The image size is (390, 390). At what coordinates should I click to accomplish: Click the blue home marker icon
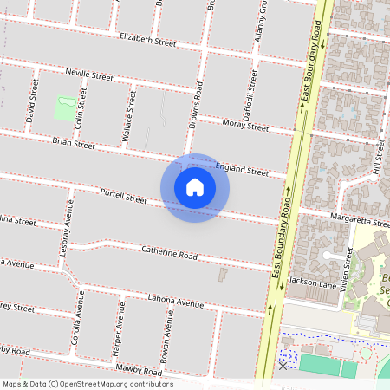(x=195, y=187)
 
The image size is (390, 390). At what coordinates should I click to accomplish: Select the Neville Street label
(x=89, y=75)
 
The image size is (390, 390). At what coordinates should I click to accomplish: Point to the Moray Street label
(x=245, y=126)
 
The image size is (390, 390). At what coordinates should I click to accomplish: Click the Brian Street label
(x=73, y=143)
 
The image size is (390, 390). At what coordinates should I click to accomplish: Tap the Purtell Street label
(x=124, y=197)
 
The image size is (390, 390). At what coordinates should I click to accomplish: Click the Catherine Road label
(x=170, y=255)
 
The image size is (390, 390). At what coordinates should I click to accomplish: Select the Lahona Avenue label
(x=175, y=302)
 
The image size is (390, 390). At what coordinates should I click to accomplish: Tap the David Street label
(x=32, y=99)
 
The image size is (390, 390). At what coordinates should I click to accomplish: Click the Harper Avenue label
(x=116, y=328)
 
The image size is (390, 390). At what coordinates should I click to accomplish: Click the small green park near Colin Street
(x=64, y=108)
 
